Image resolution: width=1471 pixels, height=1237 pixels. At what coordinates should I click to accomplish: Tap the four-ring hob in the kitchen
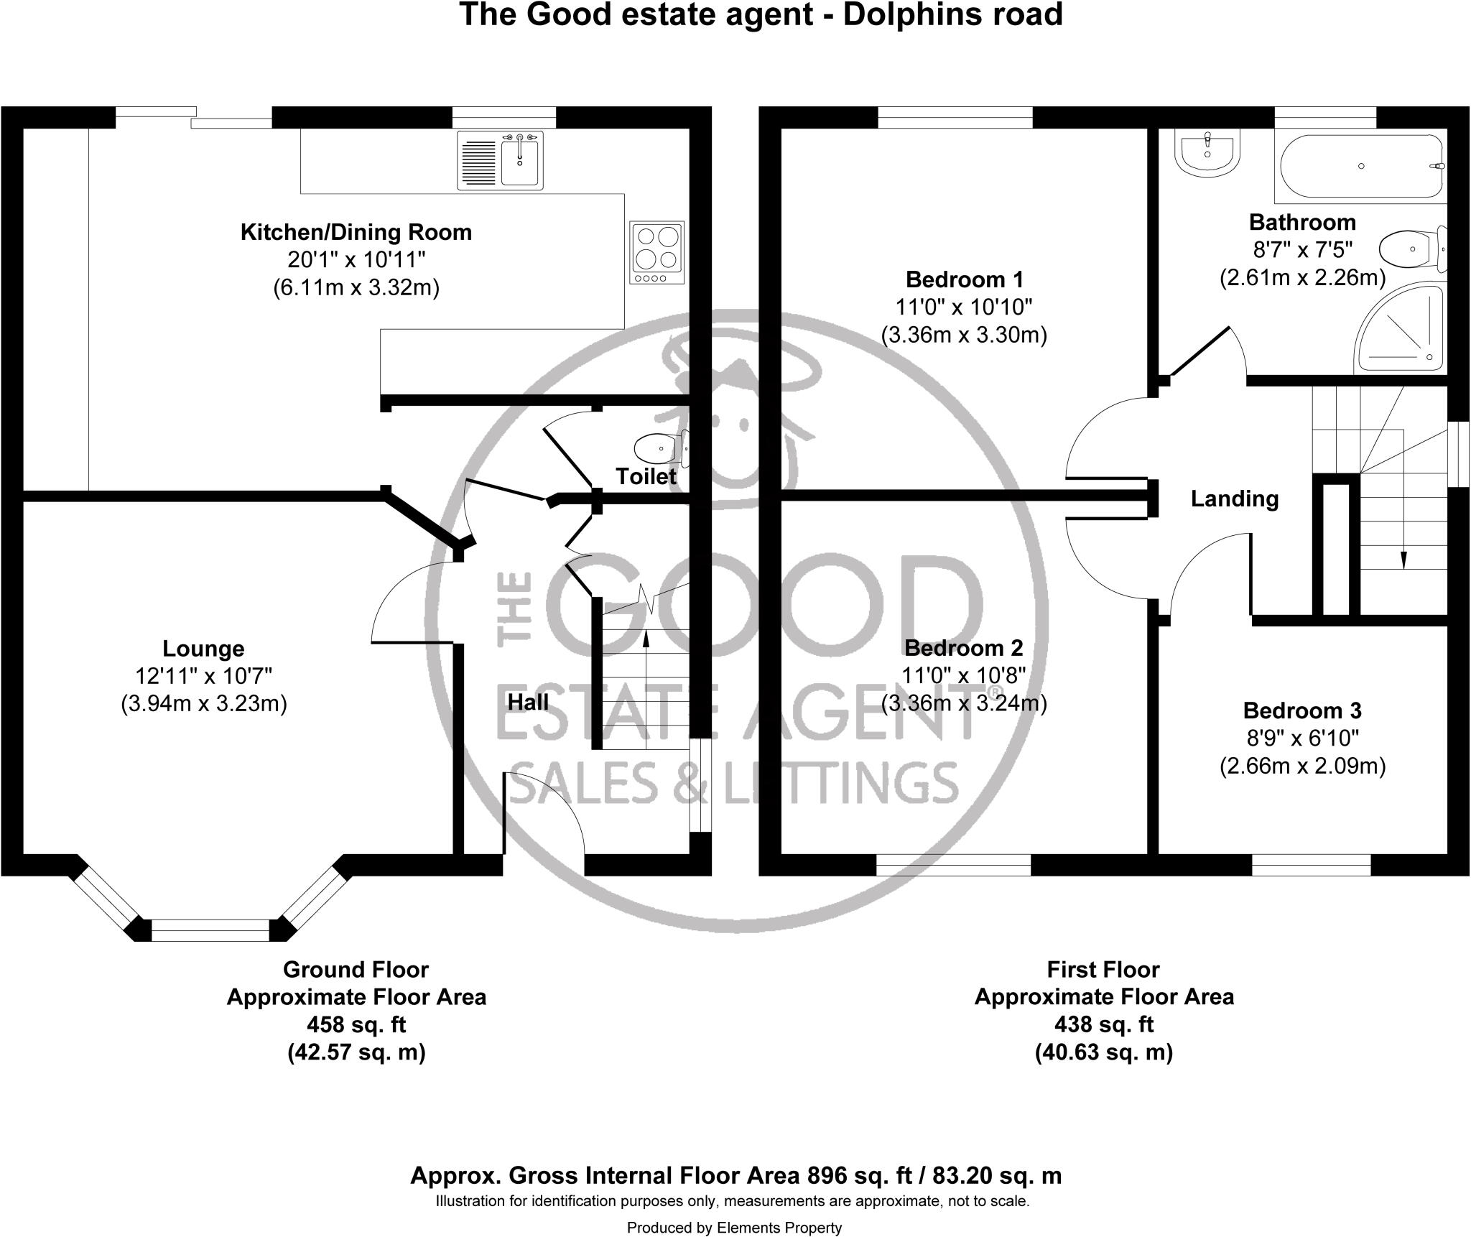pyautogui.click(x=657, y=252)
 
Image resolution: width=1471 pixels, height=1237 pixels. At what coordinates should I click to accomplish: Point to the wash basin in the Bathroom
pyautogui.click(x=1207, y=153)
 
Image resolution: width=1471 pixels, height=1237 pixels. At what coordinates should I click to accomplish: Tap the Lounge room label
pyautogui.click(x=203, y=649)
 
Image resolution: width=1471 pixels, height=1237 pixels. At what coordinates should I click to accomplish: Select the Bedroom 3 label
pyautogui.click(x=1301, y=710)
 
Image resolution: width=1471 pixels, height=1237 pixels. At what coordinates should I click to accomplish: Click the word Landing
pyautogui.click(x=1234, y=499)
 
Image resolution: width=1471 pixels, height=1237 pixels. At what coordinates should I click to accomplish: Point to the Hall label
pyautogui.click(x=528, y=702)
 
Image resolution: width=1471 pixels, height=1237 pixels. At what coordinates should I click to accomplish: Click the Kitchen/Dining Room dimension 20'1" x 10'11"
pyautogui.click(x=356, y=259)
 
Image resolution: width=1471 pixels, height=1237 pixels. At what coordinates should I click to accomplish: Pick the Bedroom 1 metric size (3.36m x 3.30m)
pyautogui.click(x=963, y=335)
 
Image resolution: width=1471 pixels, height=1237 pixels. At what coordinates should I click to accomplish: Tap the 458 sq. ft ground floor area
pyautogui.click(x=356, y=1024)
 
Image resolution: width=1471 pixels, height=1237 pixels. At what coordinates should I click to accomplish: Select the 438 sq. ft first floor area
pyautogui.click(x=1103, y=1024)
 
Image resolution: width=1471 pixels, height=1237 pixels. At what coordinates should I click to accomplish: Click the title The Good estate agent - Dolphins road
pyautogui.click(x=761, y=14)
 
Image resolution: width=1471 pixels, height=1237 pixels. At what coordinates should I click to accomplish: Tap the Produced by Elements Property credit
pyautogui.click(x=733, y=1228)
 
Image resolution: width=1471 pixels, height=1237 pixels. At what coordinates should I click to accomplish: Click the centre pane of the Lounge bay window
pyautogui.click(x=210, y=930)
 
